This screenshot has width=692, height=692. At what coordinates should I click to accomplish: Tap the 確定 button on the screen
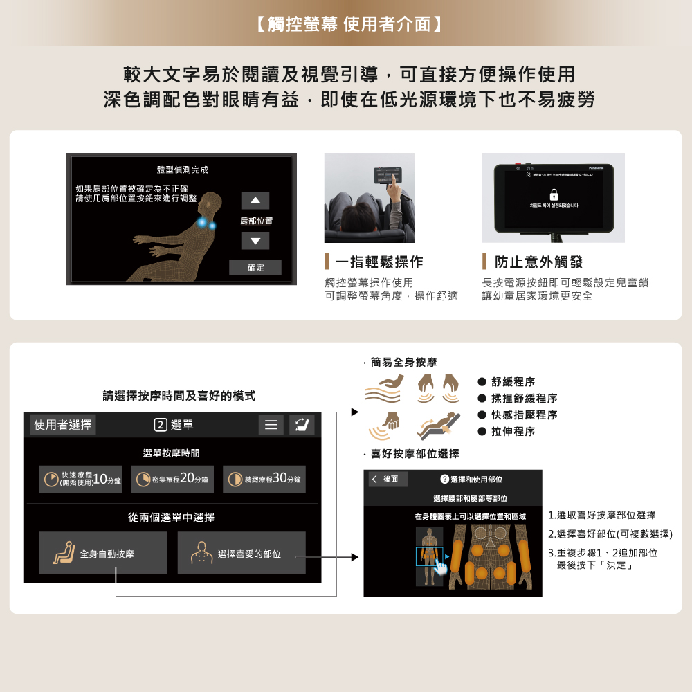click(255, 268)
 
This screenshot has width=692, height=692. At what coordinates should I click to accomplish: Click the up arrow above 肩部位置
click(255, 201)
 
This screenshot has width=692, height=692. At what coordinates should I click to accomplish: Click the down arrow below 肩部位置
click(255, 241)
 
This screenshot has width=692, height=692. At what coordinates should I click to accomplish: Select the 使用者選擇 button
click(63, 425)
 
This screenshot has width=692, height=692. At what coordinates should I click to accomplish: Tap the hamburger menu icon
click(271, 425)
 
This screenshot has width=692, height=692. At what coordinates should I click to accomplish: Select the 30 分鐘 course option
click(264, 480)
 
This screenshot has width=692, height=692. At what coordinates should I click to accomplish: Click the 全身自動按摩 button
click(102, 553)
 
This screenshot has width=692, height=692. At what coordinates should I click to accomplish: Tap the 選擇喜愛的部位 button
click(242, 553)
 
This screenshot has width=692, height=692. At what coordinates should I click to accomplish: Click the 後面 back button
click(388, 480)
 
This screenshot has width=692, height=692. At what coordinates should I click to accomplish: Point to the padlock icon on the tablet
click(553, 195)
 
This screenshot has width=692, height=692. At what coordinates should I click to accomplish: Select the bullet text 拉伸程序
click(513, 432)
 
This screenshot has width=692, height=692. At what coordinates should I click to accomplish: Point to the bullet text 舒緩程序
click(513, 382)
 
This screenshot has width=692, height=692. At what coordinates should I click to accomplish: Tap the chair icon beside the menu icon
click(302, 425)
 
